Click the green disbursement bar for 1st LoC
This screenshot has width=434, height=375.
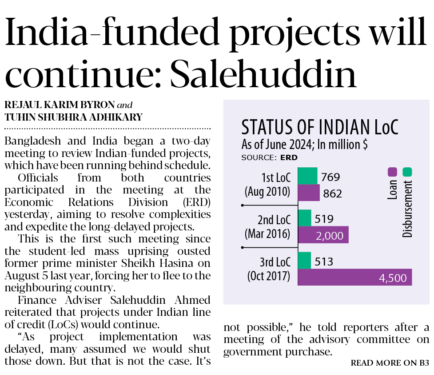tap(307, 176)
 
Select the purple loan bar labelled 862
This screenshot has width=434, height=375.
tap(308, 193)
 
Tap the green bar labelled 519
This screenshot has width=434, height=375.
tap(304, 218)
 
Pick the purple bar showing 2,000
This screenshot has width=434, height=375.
tap(323, 235)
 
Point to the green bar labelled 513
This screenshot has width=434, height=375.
tap(304, 260)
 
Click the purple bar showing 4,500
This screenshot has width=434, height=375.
tap(354, 277)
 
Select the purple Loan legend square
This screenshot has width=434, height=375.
tap(392, 172)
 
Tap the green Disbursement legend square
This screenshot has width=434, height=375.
tap(407, 172)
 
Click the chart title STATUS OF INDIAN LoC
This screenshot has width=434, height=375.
tap(319, 128)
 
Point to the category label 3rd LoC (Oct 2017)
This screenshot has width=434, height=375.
tap(269, 269)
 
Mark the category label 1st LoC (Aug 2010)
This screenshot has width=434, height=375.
tap(268, 185)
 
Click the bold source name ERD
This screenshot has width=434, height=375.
tap(289, 157)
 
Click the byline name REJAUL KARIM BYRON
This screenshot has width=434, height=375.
tap(59, 105)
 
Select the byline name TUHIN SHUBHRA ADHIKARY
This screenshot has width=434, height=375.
tap(73, 117)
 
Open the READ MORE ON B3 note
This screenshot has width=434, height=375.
tap(390, 363)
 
